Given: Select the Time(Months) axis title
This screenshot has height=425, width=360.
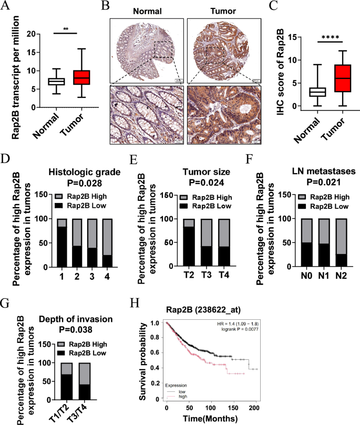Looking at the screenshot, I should pos(211,419).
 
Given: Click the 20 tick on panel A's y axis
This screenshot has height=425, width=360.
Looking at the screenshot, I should pos(23,34).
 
